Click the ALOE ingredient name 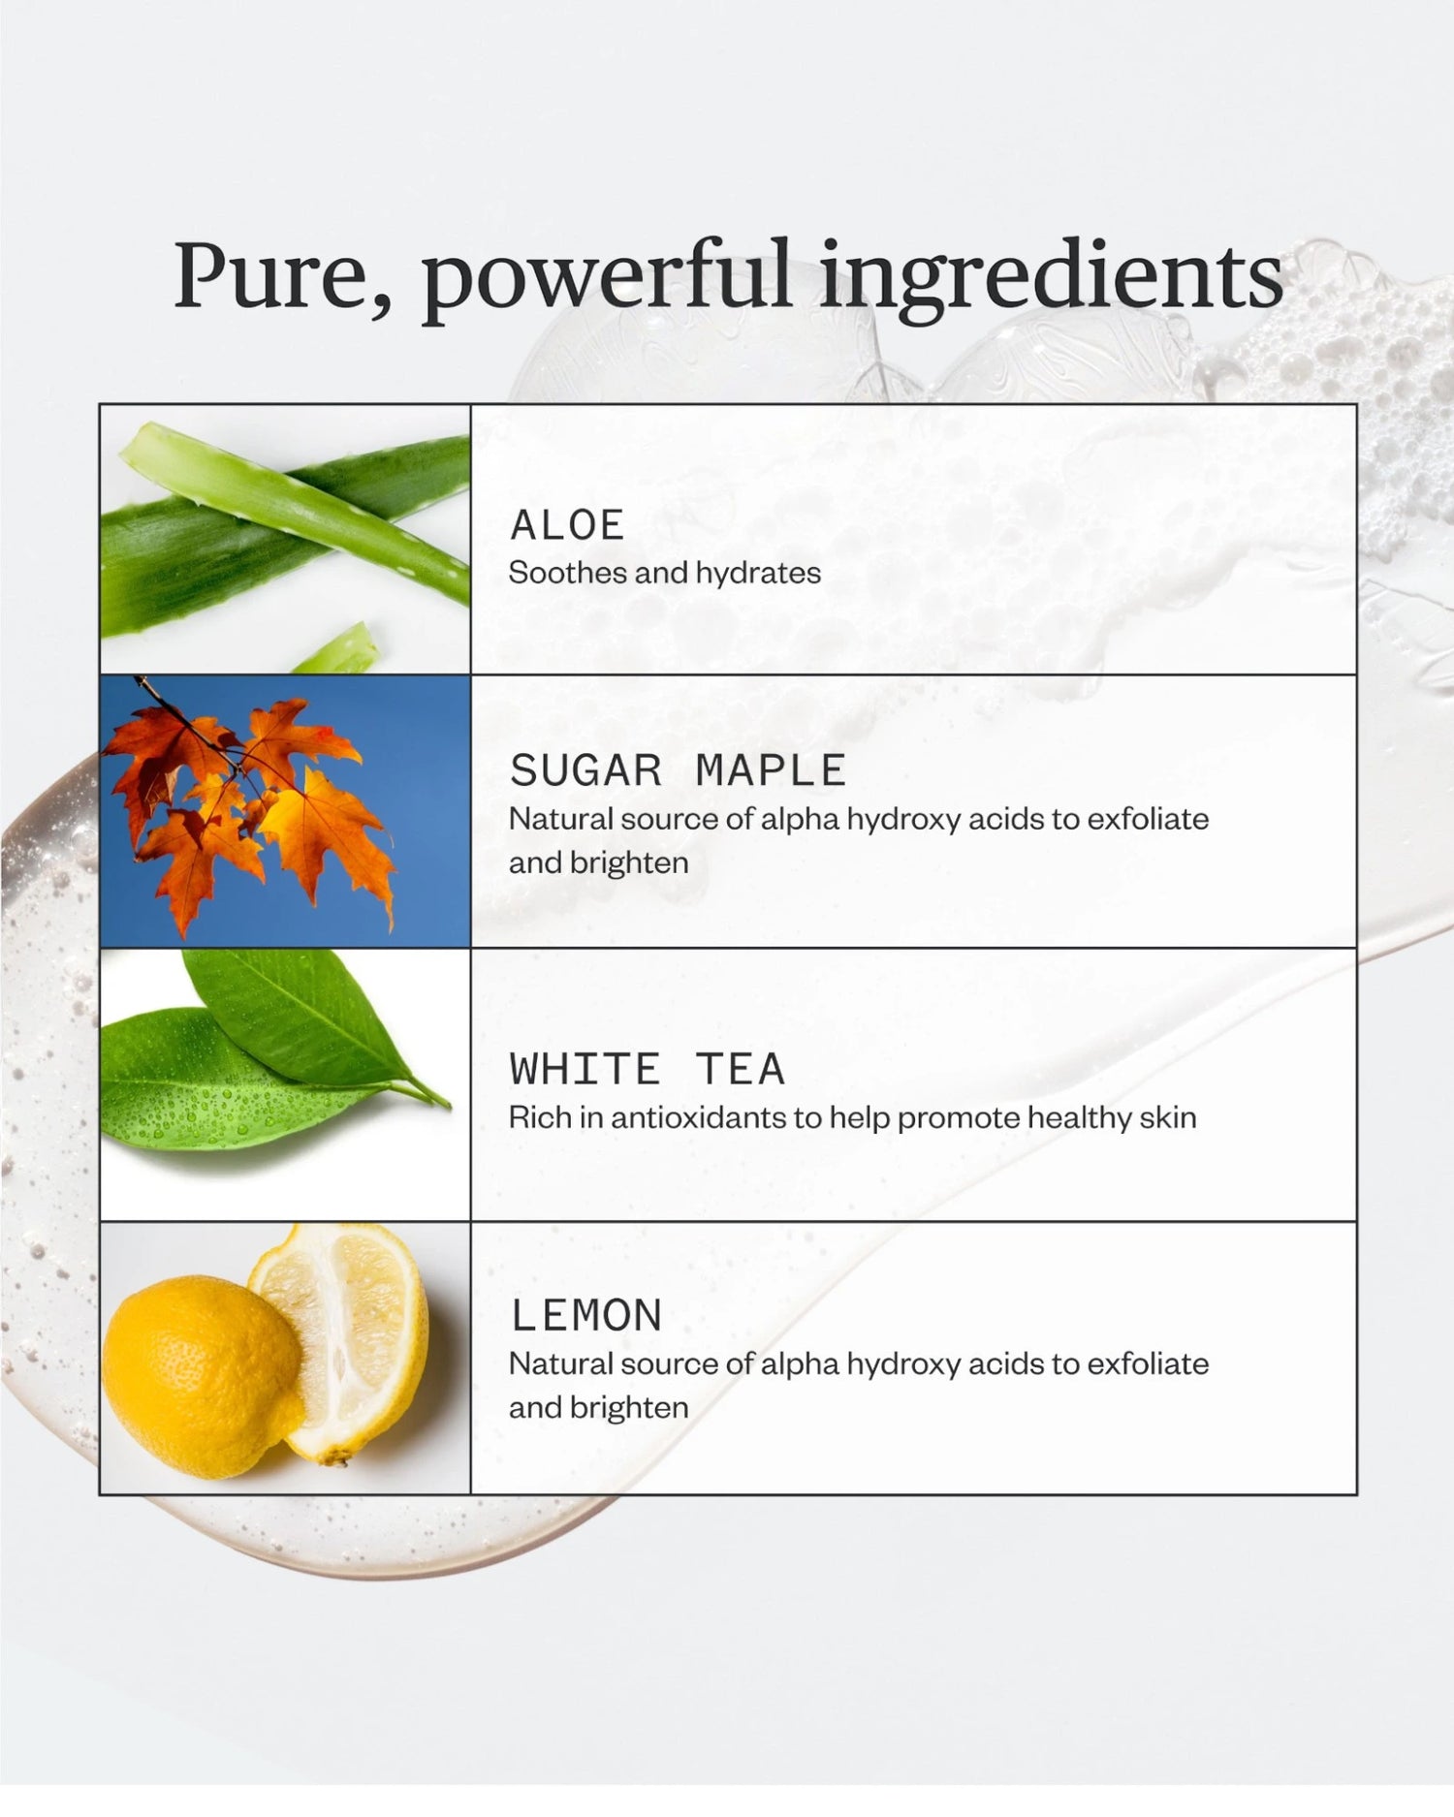[x=567, y=525]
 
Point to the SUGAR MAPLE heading [x=678, y=770]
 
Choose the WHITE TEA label [x=647, y=1069]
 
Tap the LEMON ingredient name [x=585, y=1315]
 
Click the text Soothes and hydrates [x=664, y=573]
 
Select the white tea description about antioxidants [x=852, y=1117]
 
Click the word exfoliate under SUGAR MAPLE [x=1148, y=819]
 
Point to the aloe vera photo [x=285, y=539]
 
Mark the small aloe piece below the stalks [x=338, y=650]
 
